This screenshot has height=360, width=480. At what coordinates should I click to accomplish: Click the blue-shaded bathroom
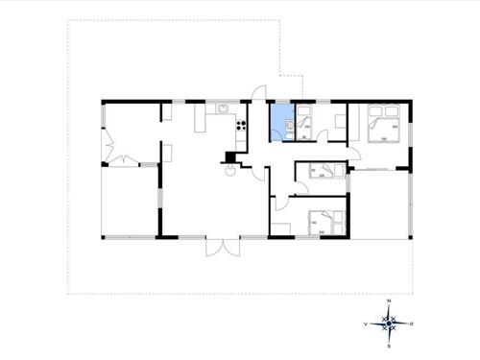coord(282,123)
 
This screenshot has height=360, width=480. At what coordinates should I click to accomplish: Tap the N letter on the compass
coord(389,302)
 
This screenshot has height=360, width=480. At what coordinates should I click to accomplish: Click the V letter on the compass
coord(365,325)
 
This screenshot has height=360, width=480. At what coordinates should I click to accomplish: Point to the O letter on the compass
coord(413,325)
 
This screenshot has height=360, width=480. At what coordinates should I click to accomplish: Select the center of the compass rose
coord(389,324)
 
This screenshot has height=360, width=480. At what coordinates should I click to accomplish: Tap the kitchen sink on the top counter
coord(223,109)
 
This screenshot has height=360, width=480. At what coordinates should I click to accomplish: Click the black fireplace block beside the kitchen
coord(229,156)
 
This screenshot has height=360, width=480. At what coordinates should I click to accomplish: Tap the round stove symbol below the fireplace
coord(231,173)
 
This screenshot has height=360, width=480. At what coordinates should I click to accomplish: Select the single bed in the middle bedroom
coord(327,171)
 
